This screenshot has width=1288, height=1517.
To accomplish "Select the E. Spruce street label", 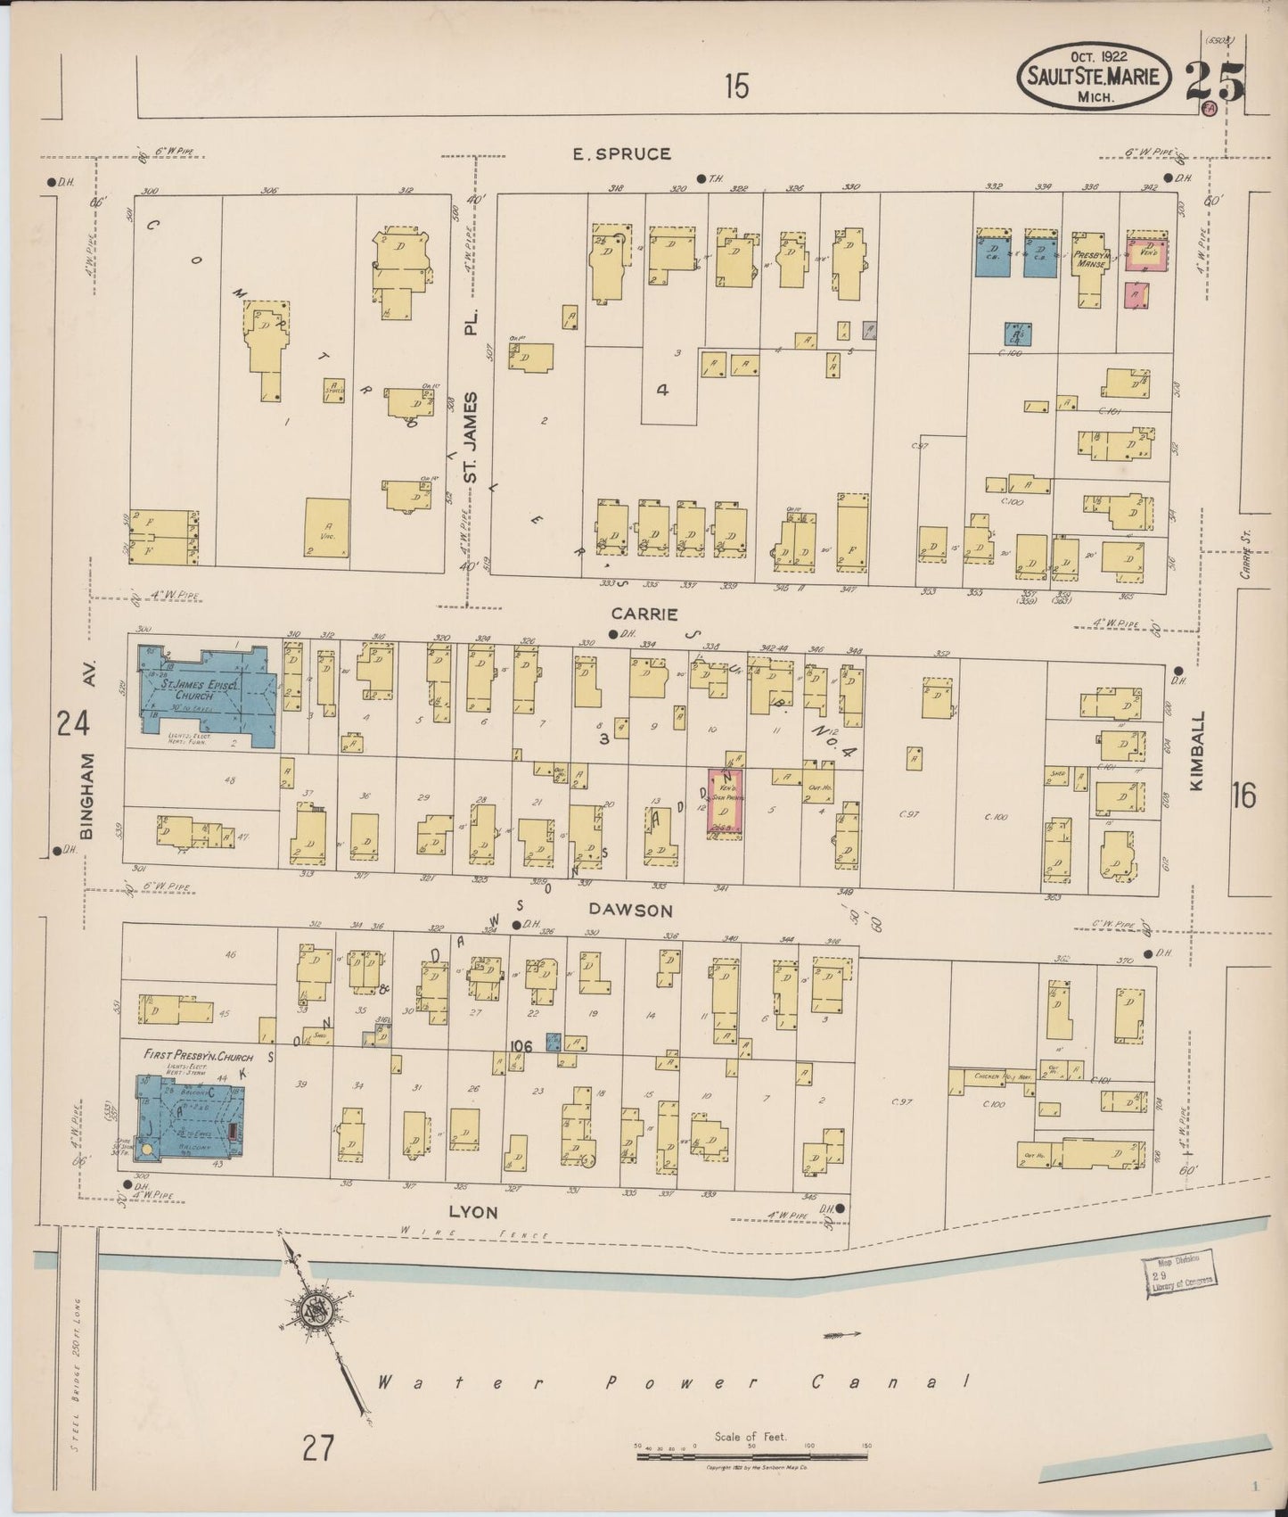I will (x=621, y=154).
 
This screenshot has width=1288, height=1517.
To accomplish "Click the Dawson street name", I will (x=629, y=910).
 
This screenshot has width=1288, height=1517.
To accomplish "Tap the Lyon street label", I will (x=473, y=1212).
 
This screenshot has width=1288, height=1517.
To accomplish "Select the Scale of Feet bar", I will (x=753, y=1455).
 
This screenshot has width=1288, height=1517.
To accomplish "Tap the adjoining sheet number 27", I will (x=317, y=1447).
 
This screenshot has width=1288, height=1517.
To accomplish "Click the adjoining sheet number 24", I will (x=72, y=723).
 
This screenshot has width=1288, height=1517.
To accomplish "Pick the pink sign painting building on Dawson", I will (x=726, y=803).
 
